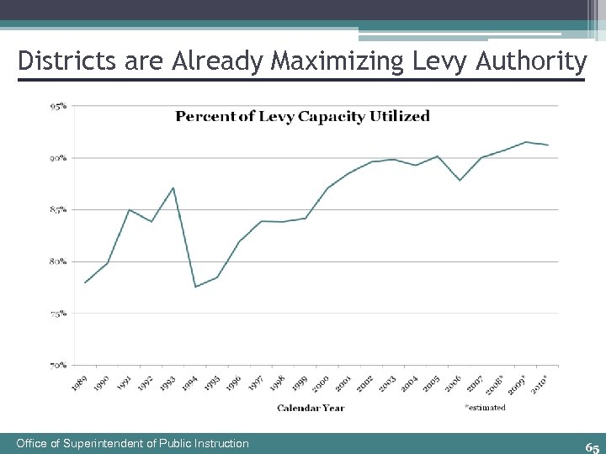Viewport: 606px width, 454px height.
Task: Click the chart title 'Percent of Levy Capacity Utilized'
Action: pos(302,116)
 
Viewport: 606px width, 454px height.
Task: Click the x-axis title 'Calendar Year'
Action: pos(311,408)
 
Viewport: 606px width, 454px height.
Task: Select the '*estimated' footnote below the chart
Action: pos(485,408)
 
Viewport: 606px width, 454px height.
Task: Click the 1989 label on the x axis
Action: pos(79,382)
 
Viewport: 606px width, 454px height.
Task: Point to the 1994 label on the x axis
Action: pos(190,382)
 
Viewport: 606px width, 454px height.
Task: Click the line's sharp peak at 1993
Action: pos(173,187)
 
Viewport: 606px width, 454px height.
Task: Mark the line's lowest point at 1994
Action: pos(195,287)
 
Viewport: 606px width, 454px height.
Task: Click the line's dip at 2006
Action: pos(460,180)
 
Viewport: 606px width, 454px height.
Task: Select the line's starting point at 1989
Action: pos(85,282)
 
